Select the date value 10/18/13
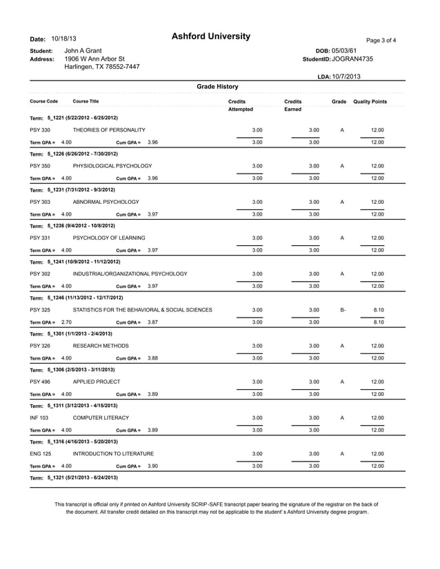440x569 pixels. point(63,39)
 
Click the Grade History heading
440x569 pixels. point(217,87)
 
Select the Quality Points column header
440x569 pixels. point(370,102)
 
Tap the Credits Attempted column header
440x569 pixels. point(240,105)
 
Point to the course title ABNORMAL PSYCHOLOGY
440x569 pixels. point(106,202)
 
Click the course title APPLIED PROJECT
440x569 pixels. point(97,381)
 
